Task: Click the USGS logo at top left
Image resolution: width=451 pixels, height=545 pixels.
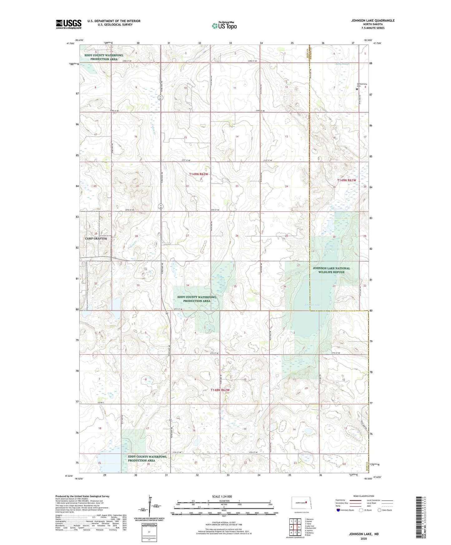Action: point(69,24)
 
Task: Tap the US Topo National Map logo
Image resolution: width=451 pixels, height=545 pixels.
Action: point(224,25)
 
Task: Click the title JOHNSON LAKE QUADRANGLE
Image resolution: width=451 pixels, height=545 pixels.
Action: point(373,21)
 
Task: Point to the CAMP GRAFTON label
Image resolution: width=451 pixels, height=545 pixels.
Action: point(96,238)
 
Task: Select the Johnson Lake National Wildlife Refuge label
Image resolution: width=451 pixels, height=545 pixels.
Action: point(331,270)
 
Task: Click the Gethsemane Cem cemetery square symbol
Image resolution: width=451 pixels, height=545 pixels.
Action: point(357,89)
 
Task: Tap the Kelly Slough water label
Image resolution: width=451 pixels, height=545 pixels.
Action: point(342,64)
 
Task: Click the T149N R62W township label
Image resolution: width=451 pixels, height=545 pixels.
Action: point(198,174)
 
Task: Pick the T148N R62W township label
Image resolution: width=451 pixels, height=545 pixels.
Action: point(220,390)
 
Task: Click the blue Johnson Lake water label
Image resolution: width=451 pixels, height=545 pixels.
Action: point(312,305)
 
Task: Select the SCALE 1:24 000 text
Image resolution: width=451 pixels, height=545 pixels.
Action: point(222,496)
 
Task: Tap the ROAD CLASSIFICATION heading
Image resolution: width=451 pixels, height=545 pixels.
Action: point(364,496)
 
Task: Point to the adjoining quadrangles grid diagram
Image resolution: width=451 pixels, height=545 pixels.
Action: point(295,527)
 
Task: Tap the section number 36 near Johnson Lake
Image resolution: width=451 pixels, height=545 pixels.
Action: point(285,287)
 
